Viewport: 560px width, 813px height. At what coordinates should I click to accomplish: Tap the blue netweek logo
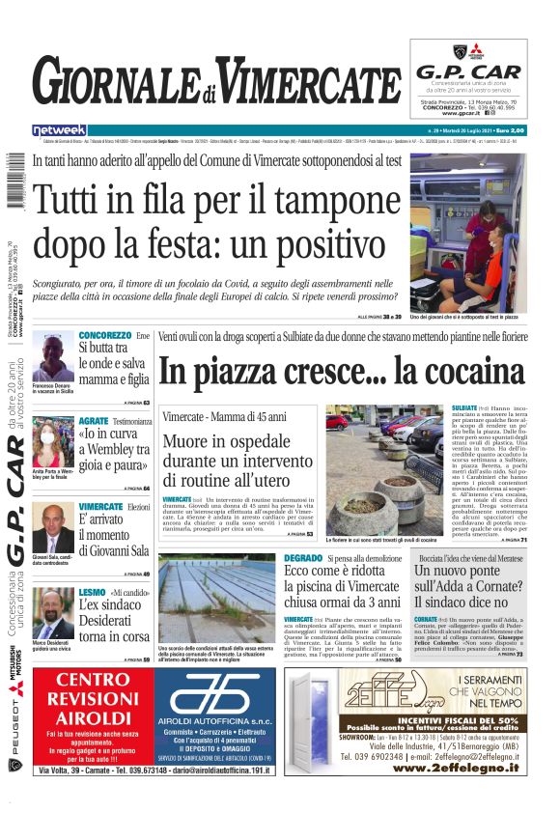59,130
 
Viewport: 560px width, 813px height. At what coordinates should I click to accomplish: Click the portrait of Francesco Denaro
52,355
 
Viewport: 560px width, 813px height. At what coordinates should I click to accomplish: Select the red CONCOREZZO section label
104,335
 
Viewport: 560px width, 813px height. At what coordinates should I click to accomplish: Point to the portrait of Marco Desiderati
52,613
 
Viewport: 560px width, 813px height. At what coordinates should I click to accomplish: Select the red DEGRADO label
303,558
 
